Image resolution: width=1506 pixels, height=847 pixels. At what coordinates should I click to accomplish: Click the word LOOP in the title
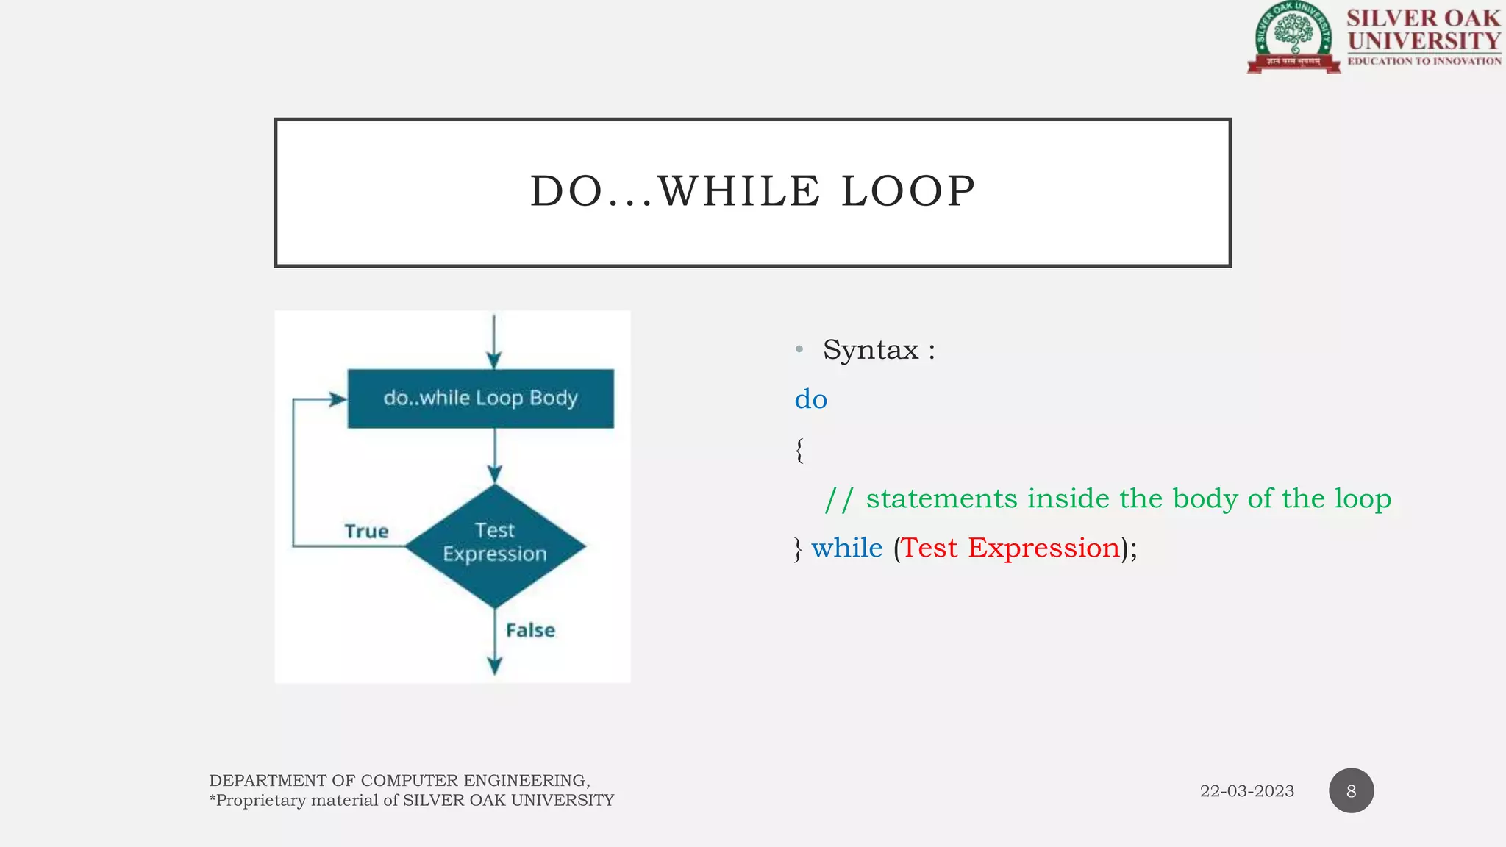coord(908,192)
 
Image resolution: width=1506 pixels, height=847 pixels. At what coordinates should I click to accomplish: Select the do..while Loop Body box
coord(480,399)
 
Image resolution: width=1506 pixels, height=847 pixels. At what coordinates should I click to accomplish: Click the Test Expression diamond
coord(495,546)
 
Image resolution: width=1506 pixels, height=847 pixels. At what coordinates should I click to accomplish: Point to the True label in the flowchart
coord(366,531)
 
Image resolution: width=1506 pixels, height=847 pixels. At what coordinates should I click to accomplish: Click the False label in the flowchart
coord(530,630)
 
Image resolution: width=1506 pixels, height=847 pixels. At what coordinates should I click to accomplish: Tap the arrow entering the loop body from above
coord(494,342)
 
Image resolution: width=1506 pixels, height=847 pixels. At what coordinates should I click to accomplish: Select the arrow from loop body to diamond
coord(495,454)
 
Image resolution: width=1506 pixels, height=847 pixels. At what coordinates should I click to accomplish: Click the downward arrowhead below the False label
coord(495,665)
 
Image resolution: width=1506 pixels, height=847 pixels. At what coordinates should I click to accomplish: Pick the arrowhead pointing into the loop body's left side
coord(338,399)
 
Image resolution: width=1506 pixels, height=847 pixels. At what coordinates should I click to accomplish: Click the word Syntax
coord(871,350)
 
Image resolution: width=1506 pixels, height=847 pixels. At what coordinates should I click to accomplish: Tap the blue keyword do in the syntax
coord(810,399)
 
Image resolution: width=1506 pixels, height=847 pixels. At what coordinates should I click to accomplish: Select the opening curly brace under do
coord(799,449)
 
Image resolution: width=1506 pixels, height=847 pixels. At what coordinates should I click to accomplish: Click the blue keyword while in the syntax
coord(846,548)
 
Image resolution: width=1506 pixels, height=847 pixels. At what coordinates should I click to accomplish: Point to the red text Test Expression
coord(1010,548)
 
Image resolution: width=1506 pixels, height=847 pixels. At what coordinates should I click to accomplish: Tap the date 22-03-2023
coord(1246,791)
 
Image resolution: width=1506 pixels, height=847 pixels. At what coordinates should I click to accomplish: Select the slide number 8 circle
coord(1351,791)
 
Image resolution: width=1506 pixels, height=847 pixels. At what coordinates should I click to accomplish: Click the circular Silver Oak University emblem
coord(1293,37)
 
